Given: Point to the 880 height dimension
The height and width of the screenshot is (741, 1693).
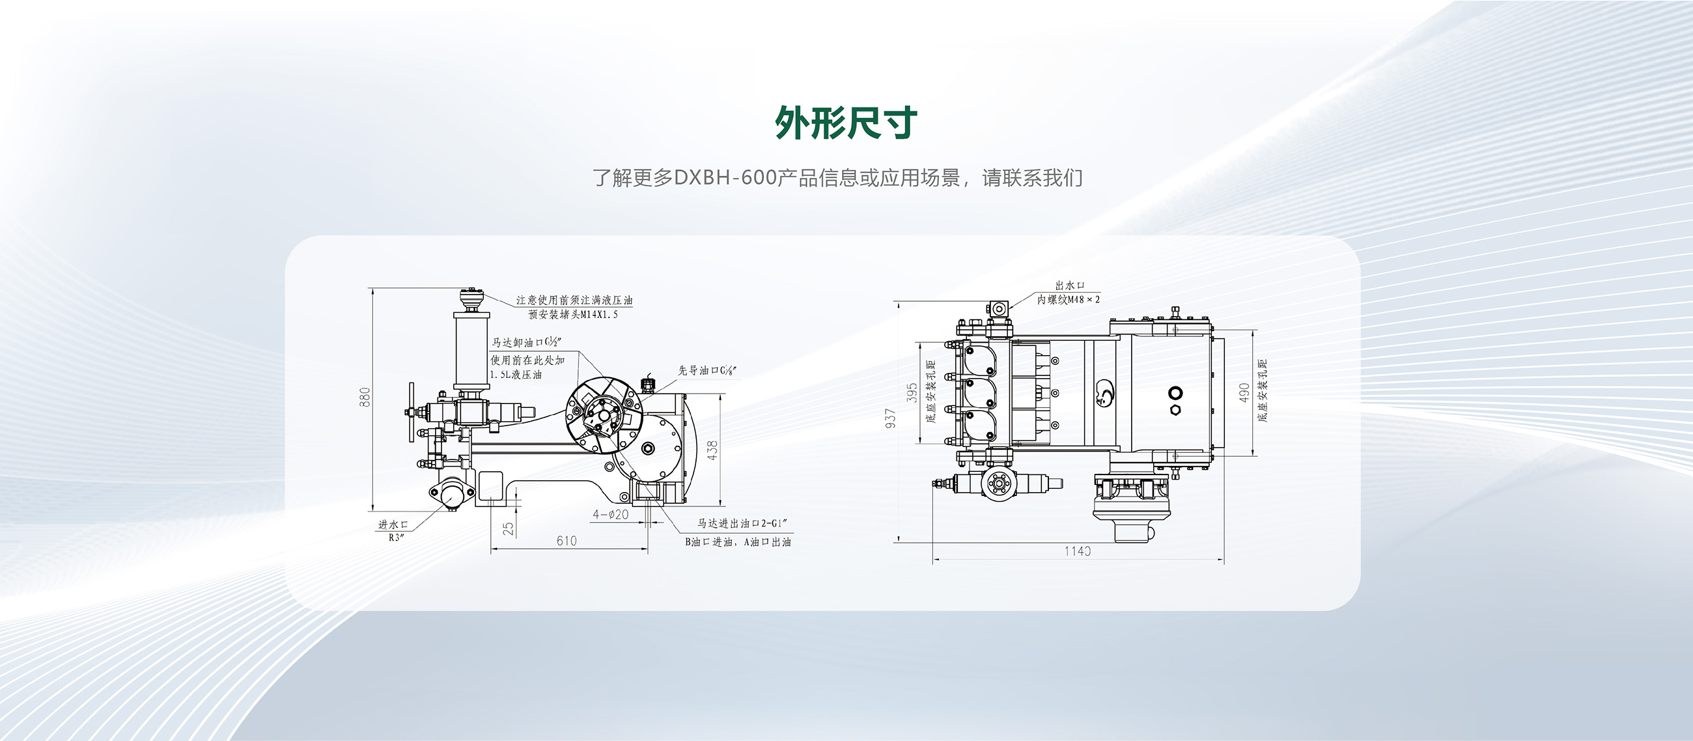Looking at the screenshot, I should coord(365,396).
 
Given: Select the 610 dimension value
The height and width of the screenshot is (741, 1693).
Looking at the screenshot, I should coord(567,540).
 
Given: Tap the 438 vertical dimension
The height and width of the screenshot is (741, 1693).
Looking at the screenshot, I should coord(713,450).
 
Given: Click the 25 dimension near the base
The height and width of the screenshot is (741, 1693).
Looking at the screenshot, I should coord(509,528).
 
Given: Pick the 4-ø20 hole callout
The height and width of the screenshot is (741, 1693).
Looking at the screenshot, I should coord(611,514).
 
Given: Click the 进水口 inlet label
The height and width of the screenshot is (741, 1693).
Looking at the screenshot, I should coord(393,525).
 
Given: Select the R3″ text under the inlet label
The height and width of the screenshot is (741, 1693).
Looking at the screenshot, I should coord(397,537).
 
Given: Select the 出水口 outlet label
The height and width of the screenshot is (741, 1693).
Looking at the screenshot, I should coord(1069,285).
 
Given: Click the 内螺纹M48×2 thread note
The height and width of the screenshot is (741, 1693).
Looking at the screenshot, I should coord(1068,300).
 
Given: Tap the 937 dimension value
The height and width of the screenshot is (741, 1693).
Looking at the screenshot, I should coord(891,418).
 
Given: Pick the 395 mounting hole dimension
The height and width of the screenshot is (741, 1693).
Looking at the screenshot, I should coord(912,392).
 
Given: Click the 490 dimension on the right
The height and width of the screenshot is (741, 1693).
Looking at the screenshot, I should coord(1244,392).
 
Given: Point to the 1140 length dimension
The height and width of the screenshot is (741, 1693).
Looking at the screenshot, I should coord(1077,551).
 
